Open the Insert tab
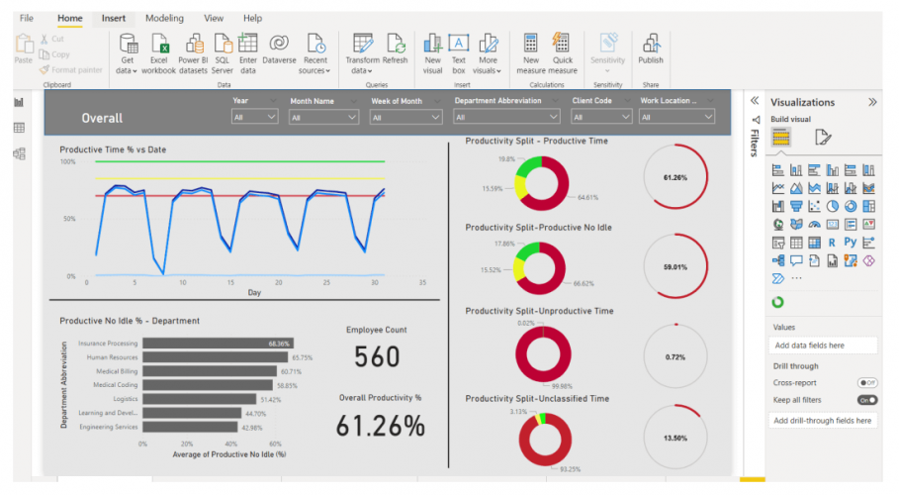pos(113,18)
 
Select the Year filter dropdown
pos(255,117)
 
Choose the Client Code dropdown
pos(601,117)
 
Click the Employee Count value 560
pos(376,358)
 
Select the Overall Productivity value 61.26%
pos(381,426)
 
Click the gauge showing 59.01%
pos(675,267)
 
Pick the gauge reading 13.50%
pos(675,437)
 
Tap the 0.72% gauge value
pos(675,355)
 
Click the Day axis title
pos(254,293)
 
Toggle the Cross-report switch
pos(867,382)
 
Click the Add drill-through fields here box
pos(823,420)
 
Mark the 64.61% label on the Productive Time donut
pos(588,197)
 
